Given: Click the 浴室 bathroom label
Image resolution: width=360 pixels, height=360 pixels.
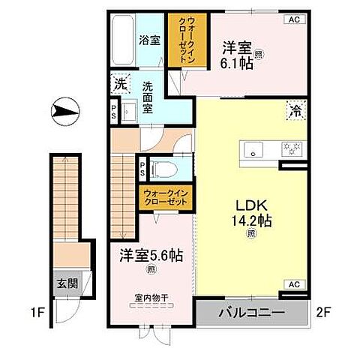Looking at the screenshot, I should [150, 40].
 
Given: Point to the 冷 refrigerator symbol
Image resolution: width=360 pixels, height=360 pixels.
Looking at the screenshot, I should [294, 109].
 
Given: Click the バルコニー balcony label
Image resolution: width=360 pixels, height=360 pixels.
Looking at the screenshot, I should [251, 312].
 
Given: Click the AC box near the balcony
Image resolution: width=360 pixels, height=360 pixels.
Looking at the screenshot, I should [294, 285].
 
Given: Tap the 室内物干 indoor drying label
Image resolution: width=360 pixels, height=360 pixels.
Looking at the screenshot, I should [151, 298].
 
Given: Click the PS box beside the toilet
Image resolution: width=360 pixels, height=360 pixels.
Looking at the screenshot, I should [142, 167].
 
